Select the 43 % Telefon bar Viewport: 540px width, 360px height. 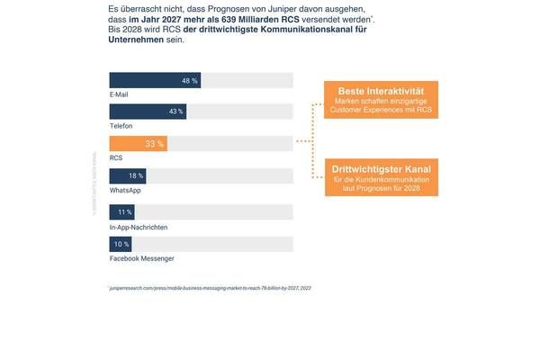(148, 112)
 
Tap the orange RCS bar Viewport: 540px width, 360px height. (138, 144)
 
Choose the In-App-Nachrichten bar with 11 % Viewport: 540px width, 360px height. (121, 212)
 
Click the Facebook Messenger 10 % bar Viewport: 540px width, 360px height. (121, 244)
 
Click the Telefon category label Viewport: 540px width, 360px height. (121, 126)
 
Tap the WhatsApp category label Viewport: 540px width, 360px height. (124, 190)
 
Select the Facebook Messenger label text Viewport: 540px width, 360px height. (142, 258)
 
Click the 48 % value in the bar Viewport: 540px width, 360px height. (189, 80)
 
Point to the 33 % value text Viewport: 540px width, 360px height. (154, 144)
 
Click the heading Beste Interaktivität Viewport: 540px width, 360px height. (381, 92)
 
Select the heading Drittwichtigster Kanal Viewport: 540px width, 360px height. (381, 169)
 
